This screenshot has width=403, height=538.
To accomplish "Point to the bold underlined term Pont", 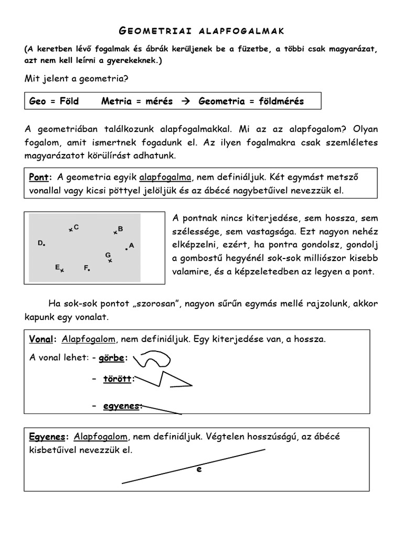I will (x=40, y=177).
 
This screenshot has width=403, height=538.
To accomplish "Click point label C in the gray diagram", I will (x=77, y=227).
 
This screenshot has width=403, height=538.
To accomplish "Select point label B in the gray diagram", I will (x=120, y=229).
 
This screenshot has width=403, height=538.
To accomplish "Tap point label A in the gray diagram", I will (x=131, y=245).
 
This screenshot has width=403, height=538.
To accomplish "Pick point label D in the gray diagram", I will (x=40, y=243).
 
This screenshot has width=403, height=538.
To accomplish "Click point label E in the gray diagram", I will (x=58, y=267).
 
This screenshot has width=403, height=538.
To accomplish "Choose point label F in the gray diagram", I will (x=86, y=267).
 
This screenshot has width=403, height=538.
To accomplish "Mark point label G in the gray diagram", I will (x=108, y=255).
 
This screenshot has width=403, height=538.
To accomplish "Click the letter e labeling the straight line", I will (x=199, y=470).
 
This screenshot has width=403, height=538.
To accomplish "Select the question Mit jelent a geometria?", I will (x=77, y=79).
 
